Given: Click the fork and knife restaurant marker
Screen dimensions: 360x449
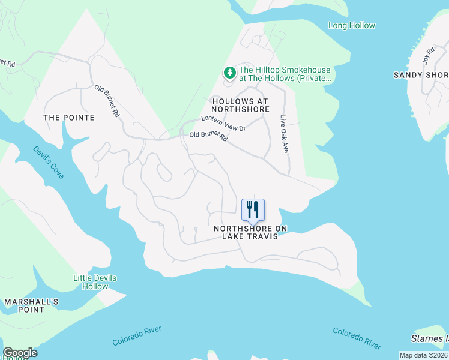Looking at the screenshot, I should (253, 210).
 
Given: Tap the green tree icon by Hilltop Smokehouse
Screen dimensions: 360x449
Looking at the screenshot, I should (229, 73).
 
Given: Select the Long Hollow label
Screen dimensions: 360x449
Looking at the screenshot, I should (352, 25).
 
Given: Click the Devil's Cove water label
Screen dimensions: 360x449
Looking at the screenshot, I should (49, 162).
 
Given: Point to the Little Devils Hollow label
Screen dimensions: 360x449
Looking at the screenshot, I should (95, 282).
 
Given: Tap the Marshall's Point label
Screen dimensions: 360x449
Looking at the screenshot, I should (31, 305).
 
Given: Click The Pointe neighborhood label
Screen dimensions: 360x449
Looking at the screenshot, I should (69, 118).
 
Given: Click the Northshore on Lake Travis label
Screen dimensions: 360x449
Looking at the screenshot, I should (250, 233).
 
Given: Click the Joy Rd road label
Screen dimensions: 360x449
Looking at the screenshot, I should (427, 56).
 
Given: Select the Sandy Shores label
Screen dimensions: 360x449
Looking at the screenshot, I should (421, 75).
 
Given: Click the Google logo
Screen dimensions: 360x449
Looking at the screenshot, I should (20, 353).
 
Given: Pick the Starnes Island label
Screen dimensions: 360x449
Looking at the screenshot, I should (430, 340).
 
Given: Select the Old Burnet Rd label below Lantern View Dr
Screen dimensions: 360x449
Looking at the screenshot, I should (208, 137).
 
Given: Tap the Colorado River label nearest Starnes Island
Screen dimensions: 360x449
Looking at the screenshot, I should (357, 338).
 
